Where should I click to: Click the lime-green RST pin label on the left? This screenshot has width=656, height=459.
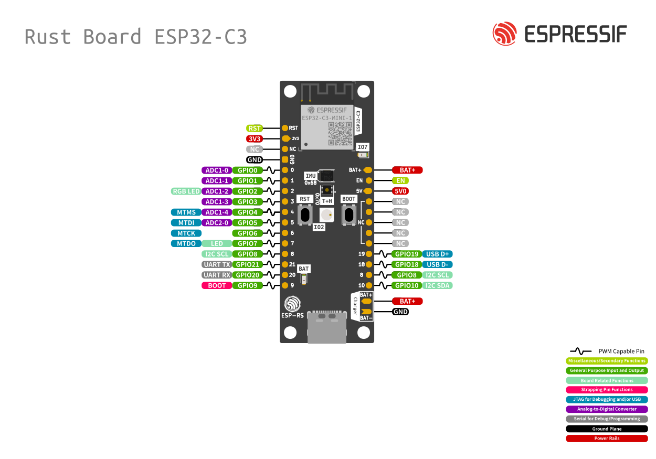pos(255,128)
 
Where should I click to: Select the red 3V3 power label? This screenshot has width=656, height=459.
pos(255,138)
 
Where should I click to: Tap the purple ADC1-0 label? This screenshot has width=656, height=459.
pos(217,170)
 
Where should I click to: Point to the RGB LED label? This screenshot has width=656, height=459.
pos(186,191)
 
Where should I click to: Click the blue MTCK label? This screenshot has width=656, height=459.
pos(186,233)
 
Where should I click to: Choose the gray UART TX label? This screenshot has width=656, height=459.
pos(217,264)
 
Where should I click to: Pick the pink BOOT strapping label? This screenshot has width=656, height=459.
pos(217,285)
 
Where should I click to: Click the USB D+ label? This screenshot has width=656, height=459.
pos(437,254)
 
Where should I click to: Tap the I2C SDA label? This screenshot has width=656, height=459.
pos(437,285)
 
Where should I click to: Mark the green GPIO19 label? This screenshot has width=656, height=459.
pos(407,254)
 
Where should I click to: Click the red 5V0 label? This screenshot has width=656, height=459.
pos(407,191)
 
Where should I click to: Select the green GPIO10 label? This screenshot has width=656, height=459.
pos(407,285)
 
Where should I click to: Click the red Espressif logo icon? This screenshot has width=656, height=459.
pos(504,34)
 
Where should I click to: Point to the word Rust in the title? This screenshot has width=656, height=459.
pos(48,37)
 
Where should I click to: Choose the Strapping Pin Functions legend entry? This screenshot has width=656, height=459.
pos(607,390)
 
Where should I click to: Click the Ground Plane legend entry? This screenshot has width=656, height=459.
pos(607,429)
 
